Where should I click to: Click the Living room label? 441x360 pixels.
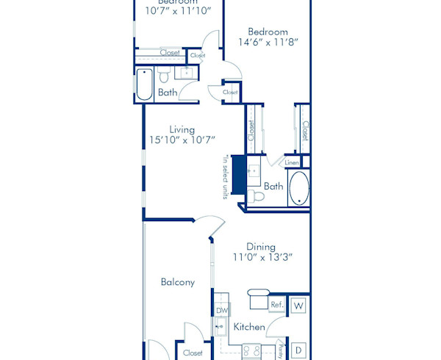click(182, 129)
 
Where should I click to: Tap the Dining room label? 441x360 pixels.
click(261, 247)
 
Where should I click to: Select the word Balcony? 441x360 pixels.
click(178, 282)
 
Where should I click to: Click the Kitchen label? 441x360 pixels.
click(249, 327)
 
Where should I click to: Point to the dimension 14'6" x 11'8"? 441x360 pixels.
click(268, 43)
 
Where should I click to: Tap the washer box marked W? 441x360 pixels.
click(298, 305)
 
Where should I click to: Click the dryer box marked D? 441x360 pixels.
click(299, 350)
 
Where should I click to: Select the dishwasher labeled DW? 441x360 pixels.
click(222, 311)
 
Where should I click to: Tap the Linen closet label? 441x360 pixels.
click(292, 162)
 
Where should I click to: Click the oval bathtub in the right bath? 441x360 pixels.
click(299, 189)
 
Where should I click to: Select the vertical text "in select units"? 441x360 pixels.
click(225, 177)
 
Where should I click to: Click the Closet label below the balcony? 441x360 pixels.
click(193, 353)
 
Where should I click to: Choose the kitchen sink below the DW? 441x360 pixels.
click(220, 327)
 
